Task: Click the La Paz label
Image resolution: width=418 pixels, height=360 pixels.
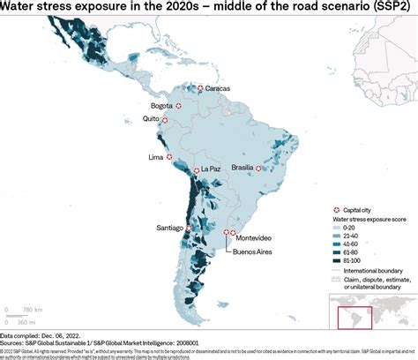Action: (210, 169)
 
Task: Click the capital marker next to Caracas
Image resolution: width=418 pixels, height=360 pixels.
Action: (200, 88)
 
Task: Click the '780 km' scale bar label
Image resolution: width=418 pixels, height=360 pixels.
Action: (33, 309)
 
